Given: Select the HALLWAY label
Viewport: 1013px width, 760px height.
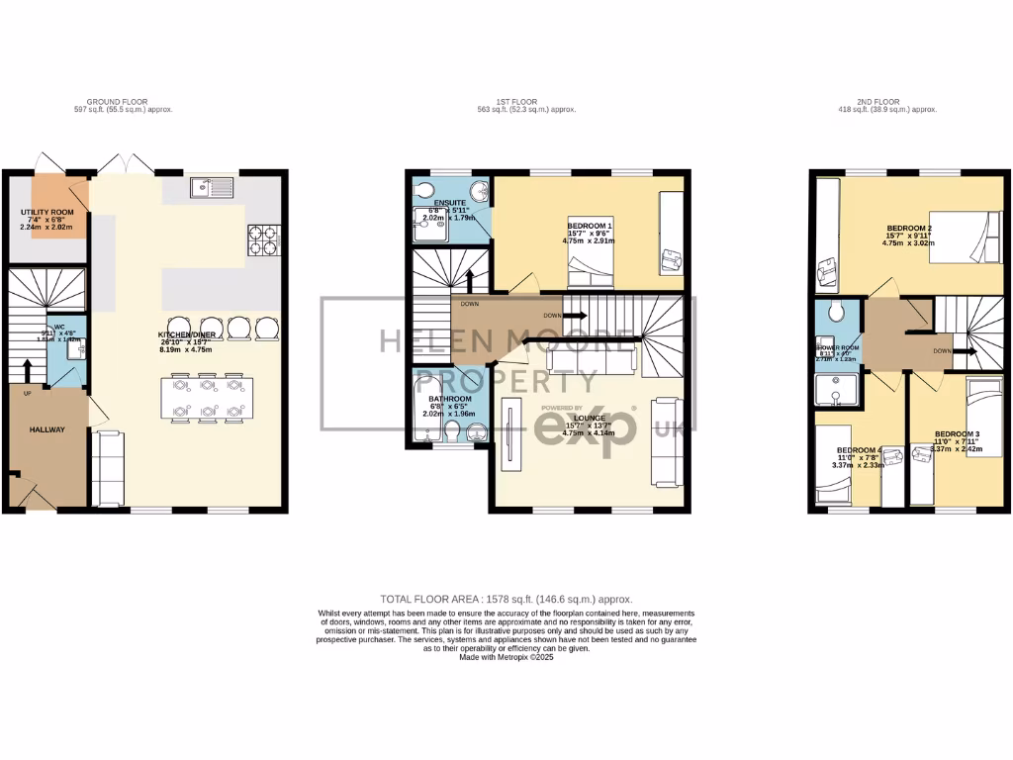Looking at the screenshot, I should pos(46,429).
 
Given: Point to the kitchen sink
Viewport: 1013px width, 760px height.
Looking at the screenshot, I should pos(212,186).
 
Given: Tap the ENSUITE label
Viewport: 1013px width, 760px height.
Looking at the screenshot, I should pos(435,202).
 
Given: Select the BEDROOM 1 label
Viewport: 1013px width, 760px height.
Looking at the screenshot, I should pos(589,225).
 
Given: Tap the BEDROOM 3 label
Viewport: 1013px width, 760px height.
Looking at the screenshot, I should pos(957,434).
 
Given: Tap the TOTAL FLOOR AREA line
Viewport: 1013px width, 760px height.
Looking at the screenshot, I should pos(506,600).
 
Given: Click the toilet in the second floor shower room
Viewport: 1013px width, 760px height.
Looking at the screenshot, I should pos(836,315).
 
